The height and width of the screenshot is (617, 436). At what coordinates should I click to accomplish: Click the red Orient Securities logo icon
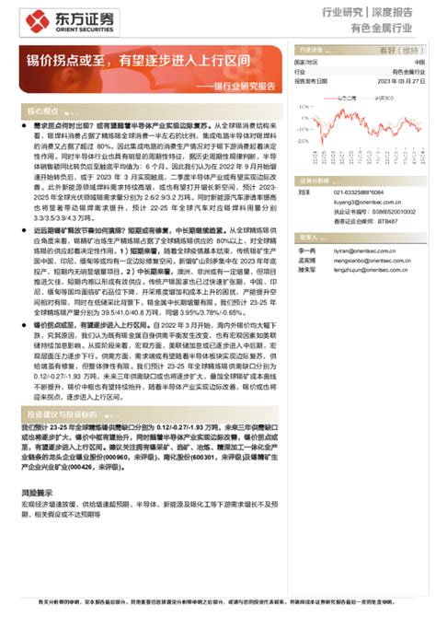pyautogui.click(x=34, y=21)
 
